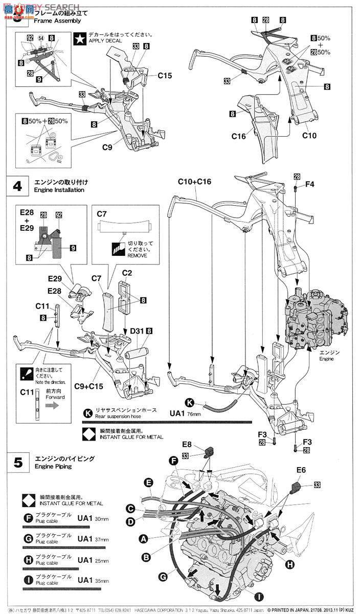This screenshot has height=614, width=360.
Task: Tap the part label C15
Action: (x=165, y=75)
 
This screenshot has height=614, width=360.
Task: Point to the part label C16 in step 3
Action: (x=239, y=136)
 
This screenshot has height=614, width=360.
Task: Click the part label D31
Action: (x=136, y=332)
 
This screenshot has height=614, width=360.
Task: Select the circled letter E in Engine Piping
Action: (x=148, y=482)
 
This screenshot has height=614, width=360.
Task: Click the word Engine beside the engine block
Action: (x=326, y=359)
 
